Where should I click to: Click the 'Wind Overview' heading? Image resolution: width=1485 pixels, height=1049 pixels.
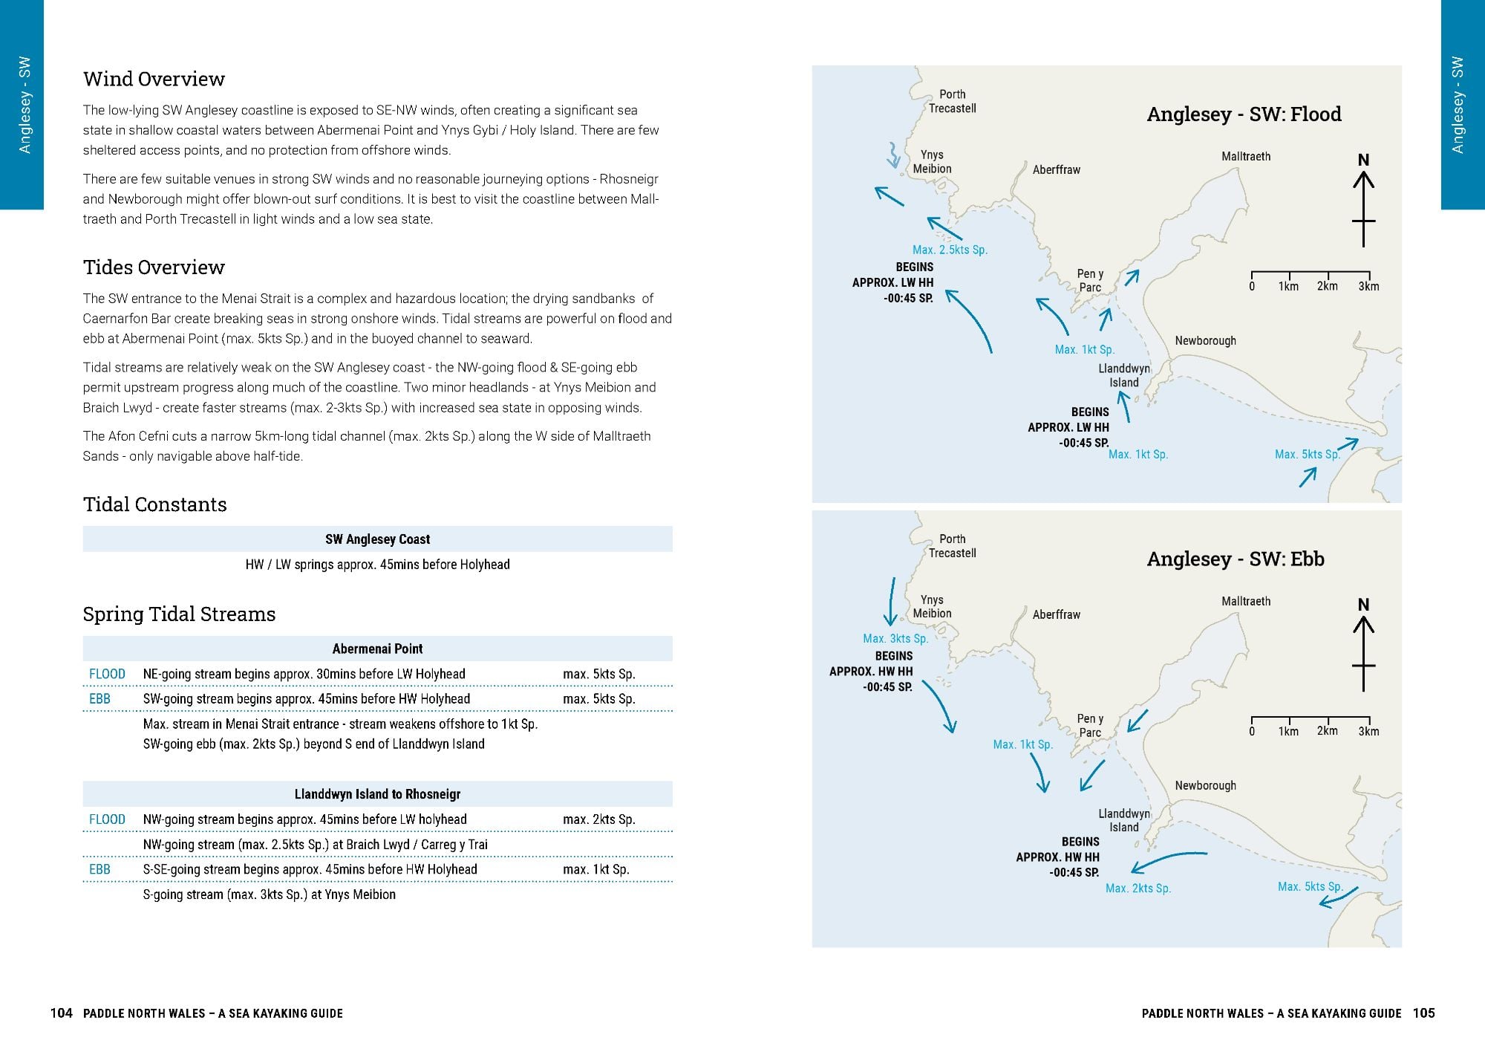coord(154,79)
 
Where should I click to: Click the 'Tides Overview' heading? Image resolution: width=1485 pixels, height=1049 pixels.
coord(154,267)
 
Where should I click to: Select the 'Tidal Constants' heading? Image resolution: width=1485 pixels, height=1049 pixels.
coord(154,504)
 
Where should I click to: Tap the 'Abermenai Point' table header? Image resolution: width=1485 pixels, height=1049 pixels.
coord(377,649)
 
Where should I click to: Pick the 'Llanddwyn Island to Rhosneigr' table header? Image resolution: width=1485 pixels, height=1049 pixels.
coord(377,794)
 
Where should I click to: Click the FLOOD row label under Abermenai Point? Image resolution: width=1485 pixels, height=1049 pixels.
coord(107,674)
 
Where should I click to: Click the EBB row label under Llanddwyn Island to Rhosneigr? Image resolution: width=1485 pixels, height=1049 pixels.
coord(99,869)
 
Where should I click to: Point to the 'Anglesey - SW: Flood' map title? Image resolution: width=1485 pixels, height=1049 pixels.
coord(1244,114)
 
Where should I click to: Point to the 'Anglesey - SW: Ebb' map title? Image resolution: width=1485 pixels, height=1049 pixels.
coord(1236,559)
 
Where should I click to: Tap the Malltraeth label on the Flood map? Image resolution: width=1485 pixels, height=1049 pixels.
coord(1246,156)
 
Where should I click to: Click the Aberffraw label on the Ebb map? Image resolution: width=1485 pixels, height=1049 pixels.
coord(1056,614)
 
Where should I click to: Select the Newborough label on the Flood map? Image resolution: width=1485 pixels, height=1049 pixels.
coord(1205,341)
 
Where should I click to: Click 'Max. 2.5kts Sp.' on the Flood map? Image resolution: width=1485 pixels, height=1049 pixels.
coord(950,250)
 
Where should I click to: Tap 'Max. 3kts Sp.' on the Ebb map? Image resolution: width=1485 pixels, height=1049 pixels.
coord(895,639)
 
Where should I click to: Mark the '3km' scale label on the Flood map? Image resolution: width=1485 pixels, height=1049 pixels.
coord(1368,287)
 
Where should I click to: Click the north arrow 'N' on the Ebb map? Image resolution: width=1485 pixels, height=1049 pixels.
coord(1363,605)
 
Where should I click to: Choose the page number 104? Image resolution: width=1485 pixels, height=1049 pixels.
coord(61,1013)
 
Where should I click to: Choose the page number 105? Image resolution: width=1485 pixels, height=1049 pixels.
coord(1423,1013)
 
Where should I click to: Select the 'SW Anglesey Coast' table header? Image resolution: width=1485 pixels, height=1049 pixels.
coord(377,539)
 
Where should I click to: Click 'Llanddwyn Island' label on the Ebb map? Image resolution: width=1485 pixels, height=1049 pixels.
coord(1123,820)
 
